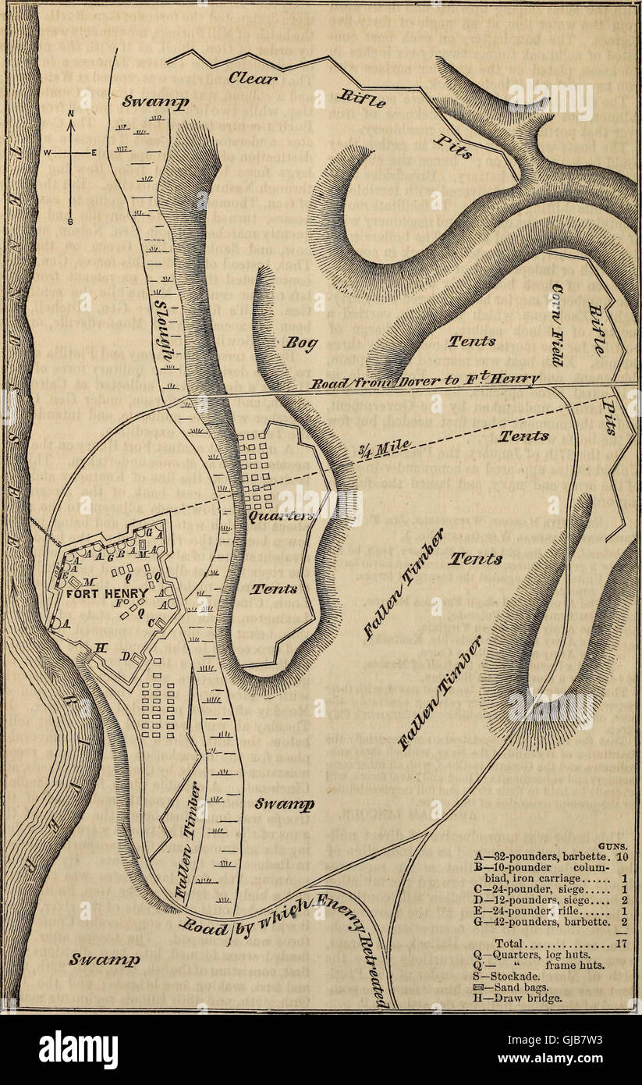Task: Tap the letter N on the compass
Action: click(x=71, y=113)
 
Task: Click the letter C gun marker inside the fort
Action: click(x=161, y=622)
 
